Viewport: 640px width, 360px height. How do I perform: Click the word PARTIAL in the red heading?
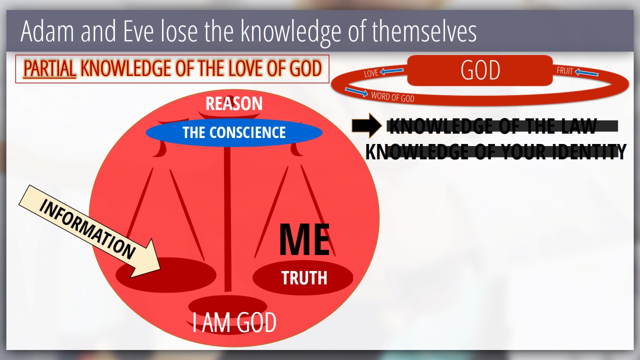49,68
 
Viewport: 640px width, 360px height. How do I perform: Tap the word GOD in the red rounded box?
480,70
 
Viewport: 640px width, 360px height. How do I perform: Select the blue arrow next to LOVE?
392,71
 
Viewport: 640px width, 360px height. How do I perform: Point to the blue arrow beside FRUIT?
586,72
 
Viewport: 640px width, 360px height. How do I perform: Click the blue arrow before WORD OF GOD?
356,91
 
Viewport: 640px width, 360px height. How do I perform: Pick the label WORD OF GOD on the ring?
392,97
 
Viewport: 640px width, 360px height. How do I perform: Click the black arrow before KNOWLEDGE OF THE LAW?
367,125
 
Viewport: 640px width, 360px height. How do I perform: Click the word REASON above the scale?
234,103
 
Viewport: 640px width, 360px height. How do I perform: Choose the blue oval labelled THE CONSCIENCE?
234,132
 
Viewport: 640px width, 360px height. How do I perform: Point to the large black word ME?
304,239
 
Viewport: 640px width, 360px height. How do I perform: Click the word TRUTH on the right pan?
304,277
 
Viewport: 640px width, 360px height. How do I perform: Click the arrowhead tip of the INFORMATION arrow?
160,269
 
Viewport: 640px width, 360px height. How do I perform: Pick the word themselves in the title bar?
423,31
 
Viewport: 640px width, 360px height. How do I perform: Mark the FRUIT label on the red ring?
564,70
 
